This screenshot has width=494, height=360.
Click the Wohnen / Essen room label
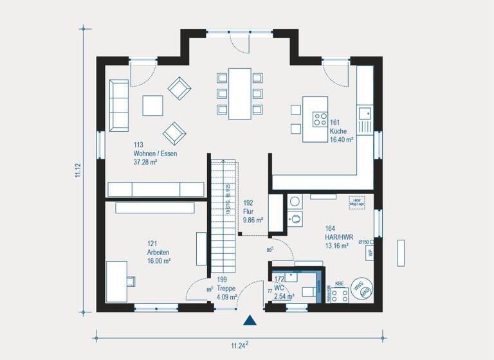tap(155, 154)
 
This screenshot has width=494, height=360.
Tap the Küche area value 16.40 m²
tap(342, 139)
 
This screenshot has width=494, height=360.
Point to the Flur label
tap(248, 211)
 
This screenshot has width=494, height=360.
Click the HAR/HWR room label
tap(336, 237)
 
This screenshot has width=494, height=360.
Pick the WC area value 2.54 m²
tap(284, 296)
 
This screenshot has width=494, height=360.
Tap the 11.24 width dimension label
tap(239, 345)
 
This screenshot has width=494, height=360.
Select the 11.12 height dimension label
tap(78, 171)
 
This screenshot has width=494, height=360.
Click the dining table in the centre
tap(239, 94)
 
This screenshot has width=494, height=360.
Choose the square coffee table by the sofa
tap(153, 105)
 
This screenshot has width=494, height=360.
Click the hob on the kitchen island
tap(320, 119)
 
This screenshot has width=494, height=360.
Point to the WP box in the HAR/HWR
tap(370, 253)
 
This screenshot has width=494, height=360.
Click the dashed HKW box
tap(356, 202)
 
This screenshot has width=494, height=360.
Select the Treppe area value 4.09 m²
tap(227, 296)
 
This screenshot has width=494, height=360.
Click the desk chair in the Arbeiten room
tap(131, 280)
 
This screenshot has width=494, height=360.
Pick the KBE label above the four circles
tap(339, 282)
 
